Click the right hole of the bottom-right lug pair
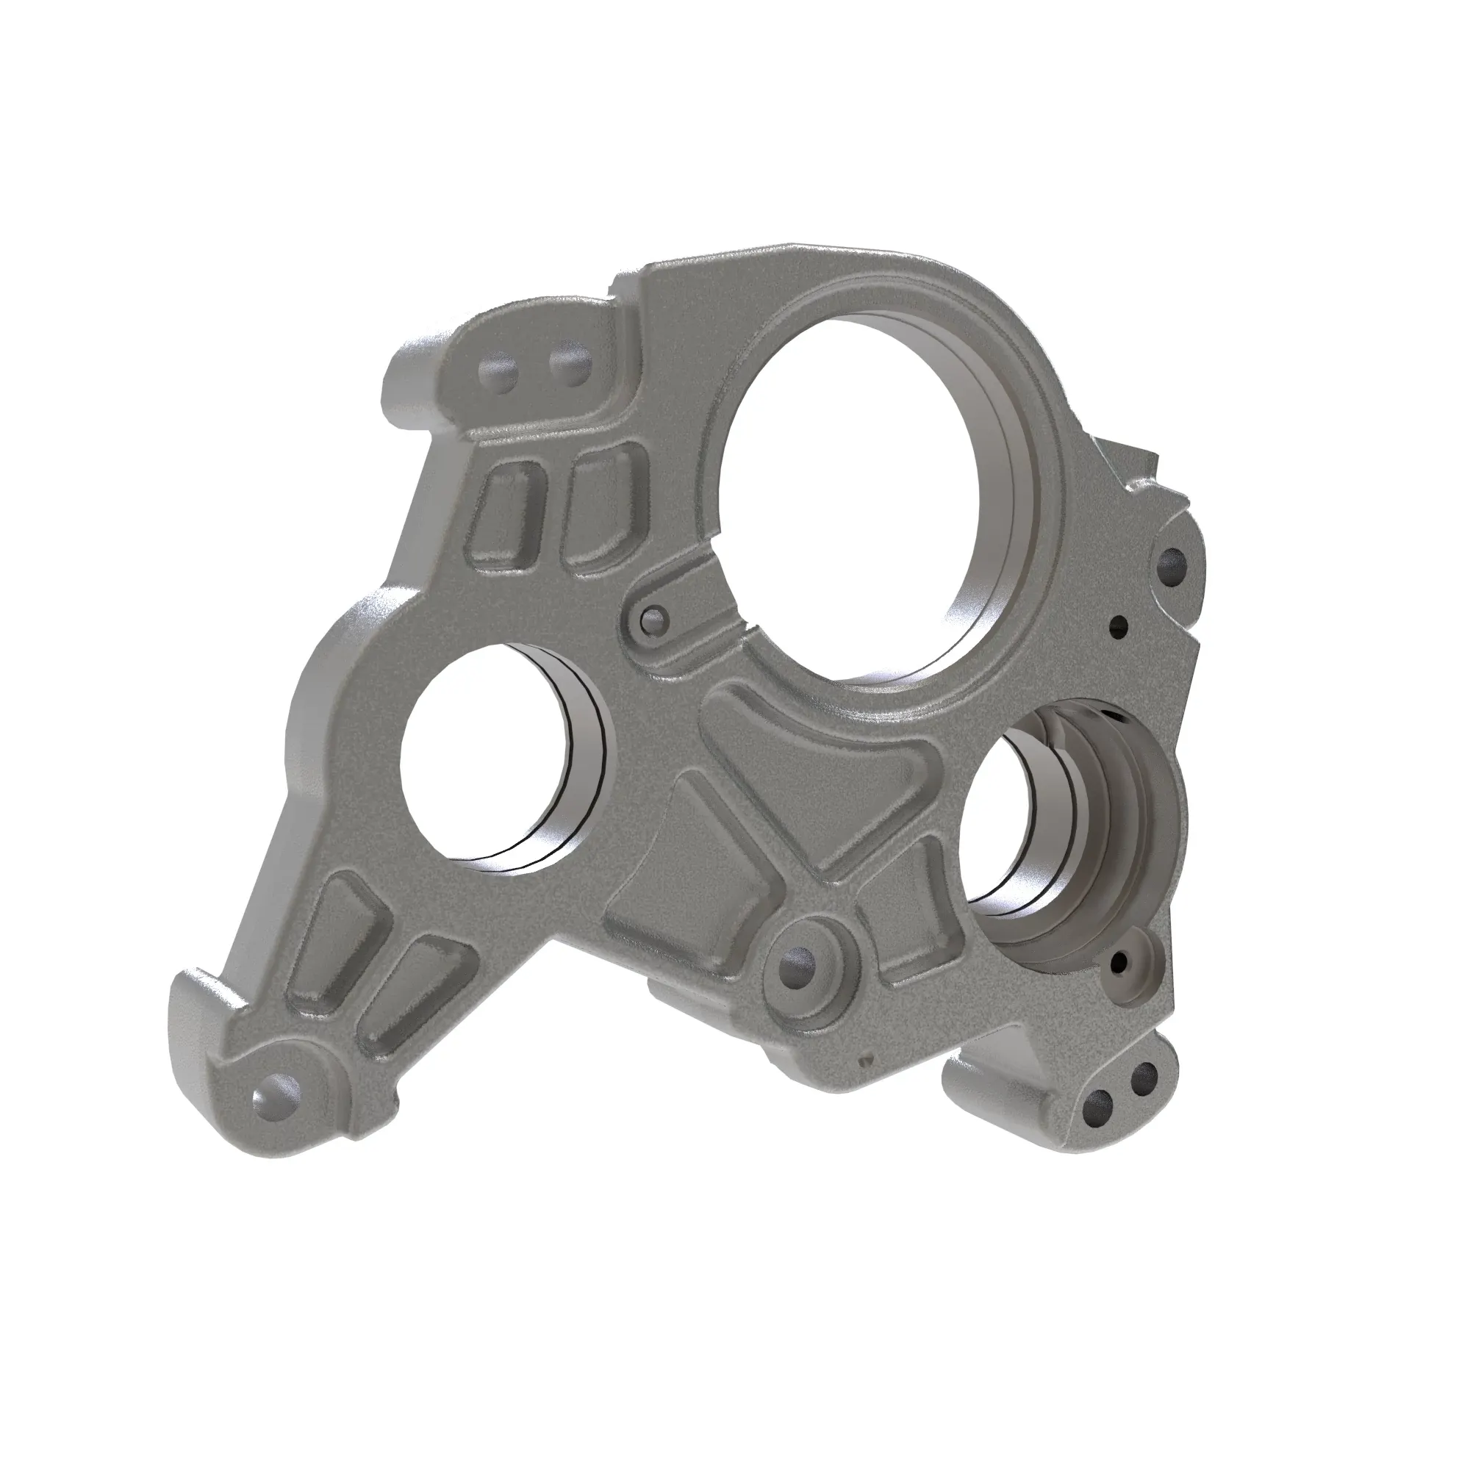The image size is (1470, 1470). [x=1144, y=1099]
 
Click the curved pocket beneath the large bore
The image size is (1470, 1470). [x=822, y=753]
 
